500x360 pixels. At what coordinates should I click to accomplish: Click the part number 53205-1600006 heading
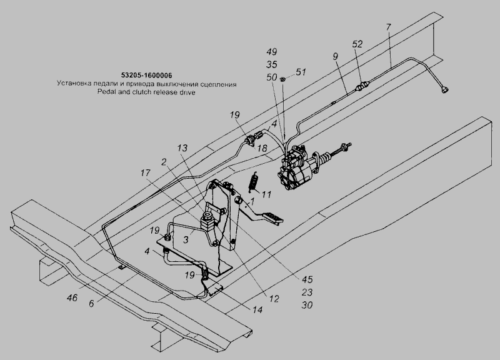146,75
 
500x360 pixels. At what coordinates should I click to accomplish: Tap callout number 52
357,44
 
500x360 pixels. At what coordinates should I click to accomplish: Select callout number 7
388,27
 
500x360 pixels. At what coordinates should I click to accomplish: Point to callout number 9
335,56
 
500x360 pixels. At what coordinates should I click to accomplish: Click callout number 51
301,72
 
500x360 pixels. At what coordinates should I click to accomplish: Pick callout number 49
271,51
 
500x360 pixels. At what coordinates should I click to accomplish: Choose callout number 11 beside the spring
266,194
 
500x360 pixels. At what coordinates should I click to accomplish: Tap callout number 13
182,148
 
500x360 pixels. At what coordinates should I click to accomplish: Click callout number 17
146,173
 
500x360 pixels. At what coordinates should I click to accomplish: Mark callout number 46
72,297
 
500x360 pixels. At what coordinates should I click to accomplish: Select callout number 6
91,304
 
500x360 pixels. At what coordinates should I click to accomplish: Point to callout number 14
257,309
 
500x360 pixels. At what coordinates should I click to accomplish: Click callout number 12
274,299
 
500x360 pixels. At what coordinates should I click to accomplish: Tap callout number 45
307,279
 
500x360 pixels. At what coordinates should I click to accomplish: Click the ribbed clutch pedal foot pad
273,217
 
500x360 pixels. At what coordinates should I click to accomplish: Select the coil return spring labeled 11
253,182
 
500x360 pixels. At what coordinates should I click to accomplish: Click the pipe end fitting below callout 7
444,89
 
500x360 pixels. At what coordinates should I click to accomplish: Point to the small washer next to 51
282,79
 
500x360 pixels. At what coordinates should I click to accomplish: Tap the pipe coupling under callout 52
362,86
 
